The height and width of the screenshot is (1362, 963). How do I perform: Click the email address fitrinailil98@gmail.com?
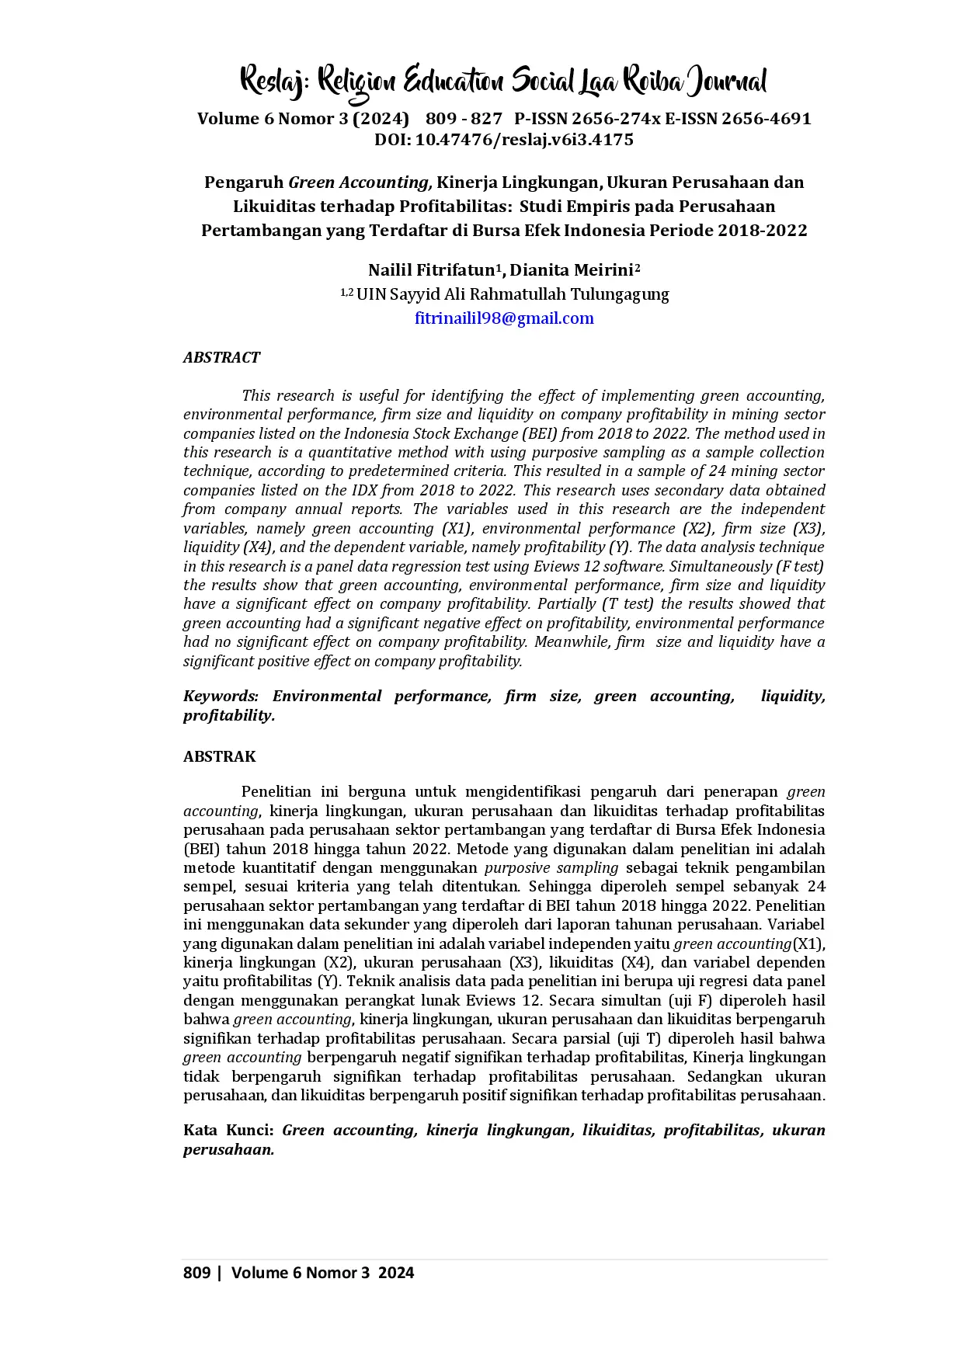tap(504, 318)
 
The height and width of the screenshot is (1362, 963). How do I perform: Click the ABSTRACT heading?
tap(221, 357)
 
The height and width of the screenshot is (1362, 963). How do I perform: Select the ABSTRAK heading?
tap(219, 756)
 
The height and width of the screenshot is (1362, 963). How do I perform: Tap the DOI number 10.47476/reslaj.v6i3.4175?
tap(524, 140)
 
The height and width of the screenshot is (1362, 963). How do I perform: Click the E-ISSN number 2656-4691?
tap(766, 119)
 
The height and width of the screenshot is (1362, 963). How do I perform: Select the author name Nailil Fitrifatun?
tap(431, 270)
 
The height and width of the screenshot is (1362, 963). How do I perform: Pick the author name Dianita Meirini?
tap(572, 270)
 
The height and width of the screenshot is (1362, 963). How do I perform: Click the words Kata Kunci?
tap(228, 1130)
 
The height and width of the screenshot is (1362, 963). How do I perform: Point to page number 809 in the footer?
tap(197, 1272)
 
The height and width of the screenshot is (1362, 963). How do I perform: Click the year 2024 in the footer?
tap(396, 1272)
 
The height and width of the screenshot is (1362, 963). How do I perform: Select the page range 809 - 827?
tap(464, 119)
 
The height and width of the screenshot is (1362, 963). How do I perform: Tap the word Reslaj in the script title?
tap(272, 82)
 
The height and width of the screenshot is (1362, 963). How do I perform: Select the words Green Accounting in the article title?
tap(358, 182)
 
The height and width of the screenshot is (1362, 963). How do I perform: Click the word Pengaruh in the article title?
tap(244, 182)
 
